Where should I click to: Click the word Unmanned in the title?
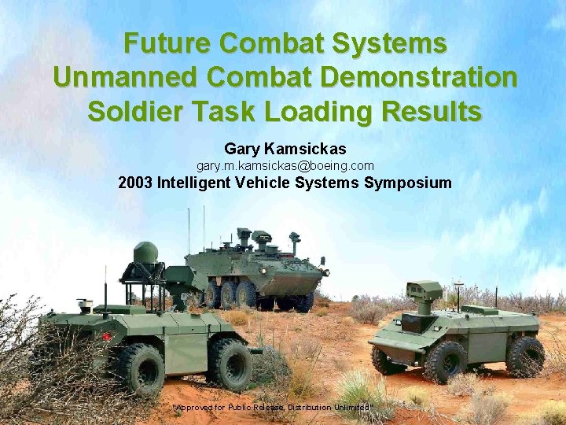(x=115, y=77)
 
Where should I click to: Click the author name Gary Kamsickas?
(x=285, y=149)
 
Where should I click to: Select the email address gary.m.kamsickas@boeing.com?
(x=285, y=166)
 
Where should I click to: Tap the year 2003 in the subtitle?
(x=135, y=184)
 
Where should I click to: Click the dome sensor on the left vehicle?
(x=145, y=253)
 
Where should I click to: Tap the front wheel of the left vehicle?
(x=230, y=364)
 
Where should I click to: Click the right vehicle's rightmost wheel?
(x=524, y=356)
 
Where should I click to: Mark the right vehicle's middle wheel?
(x=444, y=361)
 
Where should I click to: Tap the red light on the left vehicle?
(x=107, y=337)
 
